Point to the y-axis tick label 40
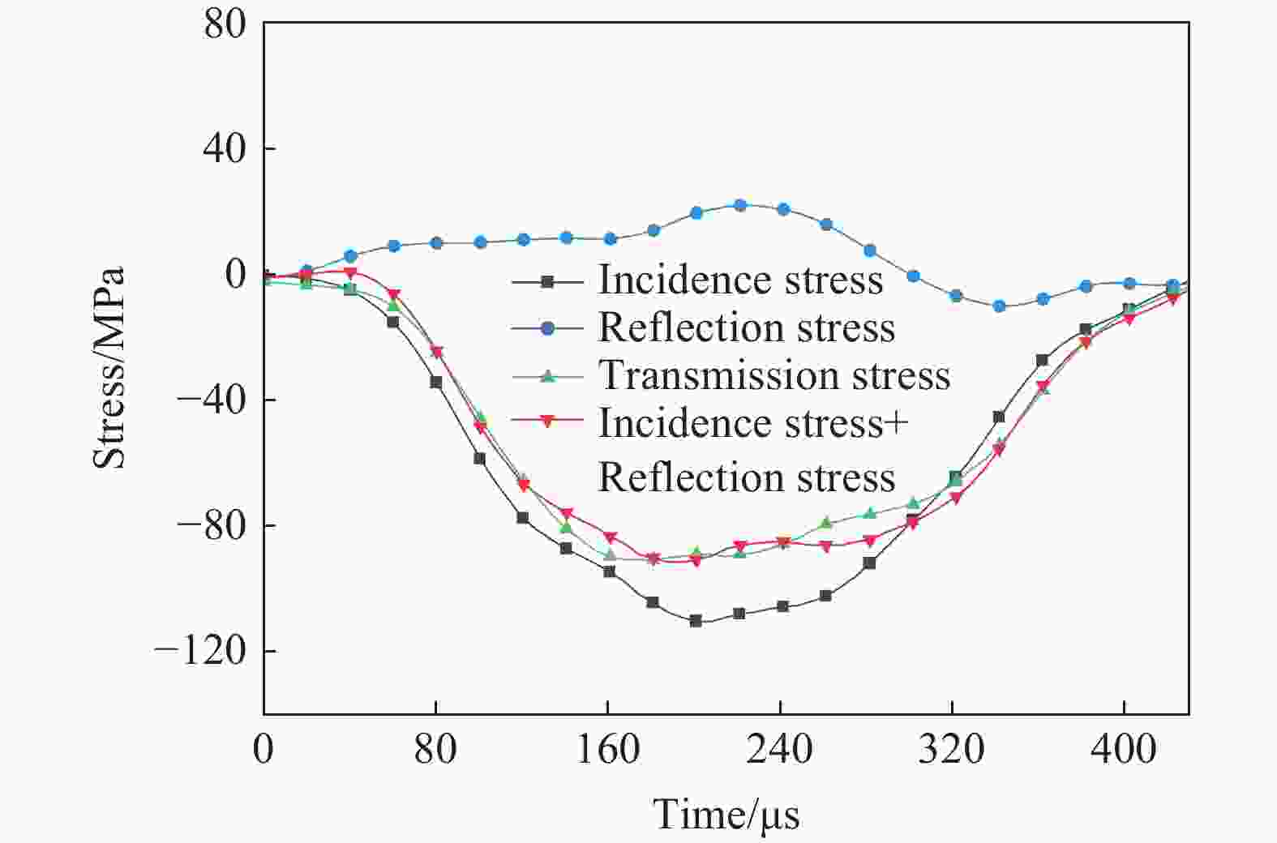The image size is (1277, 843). pos(225,149)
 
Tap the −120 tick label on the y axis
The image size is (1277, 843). pos(199,651)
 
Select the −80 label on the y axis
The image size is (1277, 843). pos(212,525)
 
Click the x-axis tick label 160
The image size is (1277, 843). pos(607,749)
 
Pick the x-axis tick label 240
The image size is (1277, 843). pos(779,749)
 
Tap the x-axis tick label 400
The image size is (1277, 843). pos(1123,749)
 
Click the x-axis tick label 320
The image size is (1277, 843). pos(952,749)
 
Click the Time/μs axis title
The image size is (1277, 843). pos(726,814)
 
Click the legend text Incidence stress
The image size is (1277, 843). pos(740,280)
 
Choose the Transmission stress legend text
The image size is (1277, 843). pos(773,375)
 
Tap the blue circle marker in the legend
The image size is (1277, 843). pos(547,328)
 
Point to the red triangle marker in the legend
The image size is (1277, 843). pos(547,422)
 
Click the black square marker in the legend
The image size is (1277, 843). pos(547,281)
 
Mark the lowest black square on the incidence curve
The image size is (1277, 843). pos(696,621)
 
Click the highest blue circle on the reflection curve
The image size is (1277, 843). pos(739,205)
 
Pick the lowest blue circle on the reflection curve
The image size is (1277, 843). pos(999,306)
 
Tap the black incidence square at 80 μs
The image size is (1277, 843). pos(436,382)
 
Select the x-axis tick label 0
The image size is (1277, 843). pos(264,749)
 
